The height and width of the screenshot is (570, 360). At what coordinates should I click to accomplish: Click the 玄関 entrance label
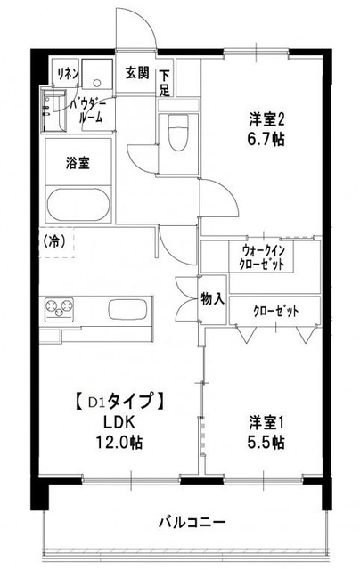[x=136, y=73]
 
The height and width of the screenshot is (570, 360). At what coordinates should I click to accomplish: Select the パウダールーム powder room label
[x=93, y=110]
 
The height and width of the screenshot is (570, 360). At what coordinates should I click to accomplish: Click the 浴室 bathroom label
[x=77, y=163]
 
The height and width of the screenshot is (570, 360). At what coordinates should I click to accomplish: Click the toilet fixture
[x=176, y=134]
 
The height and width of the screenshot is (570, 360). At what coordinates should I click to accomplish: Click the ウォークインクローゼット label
[x=262, y=257]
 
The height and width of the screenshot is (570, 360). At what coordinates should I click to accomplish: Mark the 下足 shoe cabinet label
[x=165, y=83]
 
